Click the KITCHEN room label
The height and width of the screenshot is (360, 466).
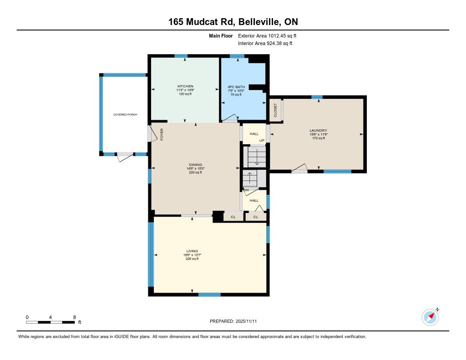pos(186,86)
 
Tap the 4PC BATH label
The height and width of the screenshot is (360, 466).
pos(236,87)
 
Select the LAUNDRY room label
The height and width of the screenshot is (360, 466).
pos(318,131)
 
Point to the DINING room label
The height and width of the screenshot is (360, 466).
pos(196,165)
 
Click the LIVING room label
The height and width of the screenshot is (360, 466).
pos(192,251)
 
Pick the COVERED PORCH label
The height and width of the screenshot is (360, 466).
pos(125,114)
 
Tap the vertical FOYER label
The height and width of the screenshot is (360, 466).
pos(162,134)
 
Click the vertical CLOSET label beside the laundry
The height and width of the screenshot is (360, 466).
pos(275,110)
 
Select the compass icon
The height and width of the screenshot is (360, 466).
pos(430,317)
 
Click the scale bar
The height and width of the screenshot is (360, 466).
pos(51,322)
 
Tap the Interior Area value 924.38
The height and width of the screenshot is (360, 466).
pos(276,43)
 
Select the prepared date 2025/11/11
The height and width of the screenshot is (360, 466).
pos(246,321)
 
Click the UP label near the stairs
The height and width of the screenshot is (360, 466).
pos(262,141)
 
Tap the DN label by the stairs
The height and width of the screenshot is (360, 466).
pos(246,190)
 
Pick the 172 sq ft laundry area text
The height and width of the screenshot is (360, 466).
pos(319,138)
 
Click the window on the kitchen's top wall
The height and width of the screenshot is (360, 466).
pos(181,56)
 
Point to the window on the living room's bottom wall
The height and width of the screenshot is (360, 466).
pos(209,294)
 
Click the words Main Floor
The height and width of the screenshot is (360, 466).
pos(221,36)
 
